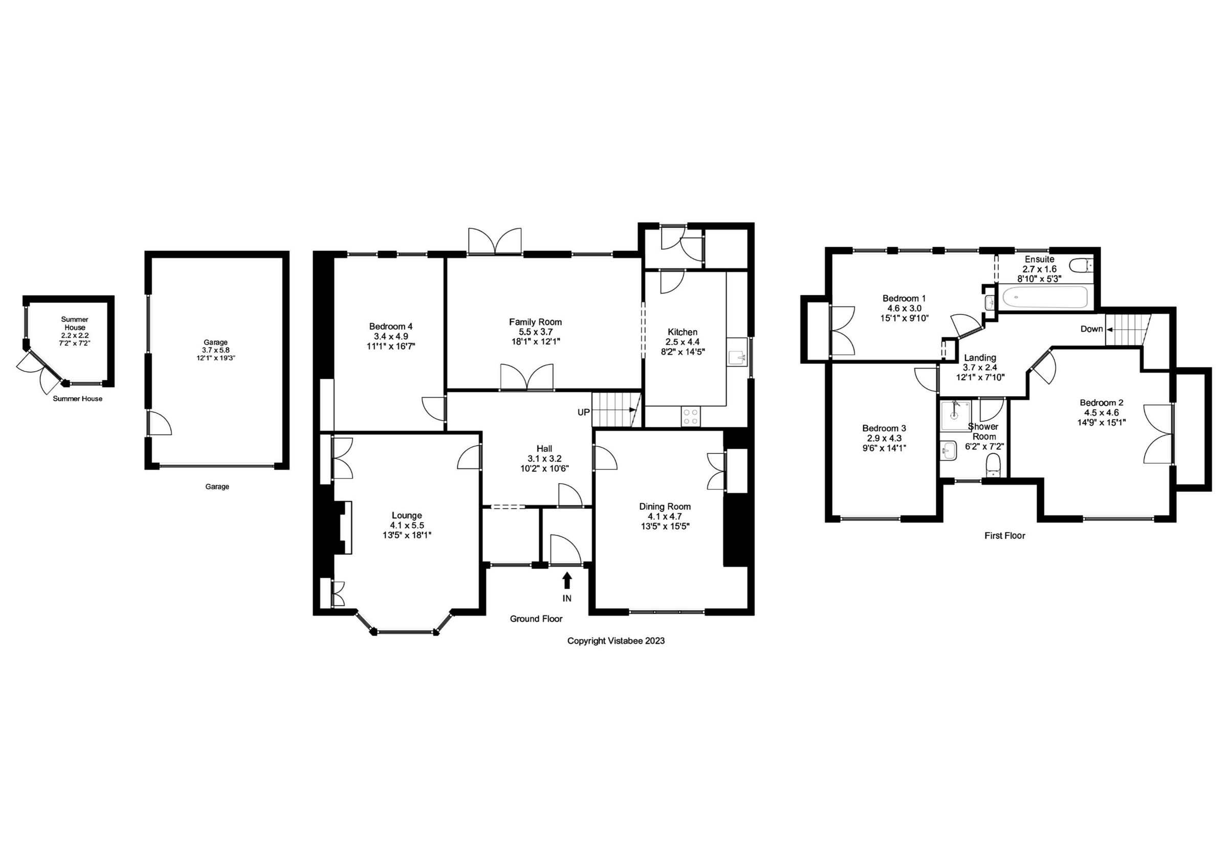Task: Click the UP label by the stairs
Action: point(583,413)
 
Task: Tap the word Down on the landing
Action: point(1091,329)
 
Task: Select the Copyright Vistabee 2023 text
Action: point(616,641)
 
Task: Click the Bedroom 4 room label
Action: point(390,326)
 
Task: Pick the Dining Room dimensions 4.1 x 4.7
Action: point(665,516)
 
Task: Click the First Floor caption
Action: point(1004,535)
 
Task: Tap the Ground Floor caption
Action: point(536,619)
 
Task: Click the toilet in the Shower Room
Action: point(993,464)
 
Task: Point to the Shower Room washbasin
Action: point(949,450)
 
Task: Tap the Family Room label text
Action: point(535,321)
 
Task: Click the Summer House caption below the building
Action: point(78,399)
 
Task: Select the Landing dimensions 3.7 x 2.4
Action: point(980,367)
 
